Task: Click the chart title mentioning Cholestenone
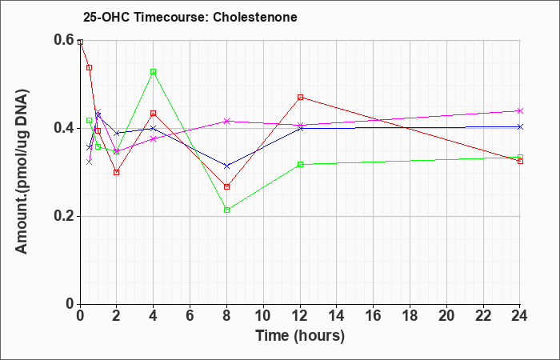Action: pos(190,17)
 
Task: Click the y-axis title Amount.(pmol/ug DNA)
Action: pos(22,172)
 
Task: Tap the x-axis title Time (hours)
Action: pos(300,336)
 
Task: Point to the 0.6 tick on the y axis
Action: pos(65,40)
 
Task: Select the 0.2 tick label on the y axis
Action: pos(65,216)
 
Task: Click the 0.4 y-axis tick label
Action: pos(65,128)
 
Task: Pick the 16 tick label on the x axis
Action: pos(374,316)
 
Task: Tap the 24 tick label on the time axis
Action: pos(520,316)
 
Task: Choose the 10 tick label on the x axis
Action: pos(263,316)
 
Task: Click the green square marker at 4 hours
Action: pos(154,72)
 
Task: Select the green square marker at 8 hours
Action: pos(226,210)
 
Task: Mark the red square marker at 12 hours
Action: pos(300,97)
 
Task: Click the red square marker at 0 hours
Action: pos(80,42)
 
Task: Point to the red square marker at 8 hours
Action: pos(226,186)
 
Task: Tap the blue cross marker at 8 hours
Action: pos(226,166)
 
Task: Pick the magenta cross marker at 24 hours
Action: pos(520,110)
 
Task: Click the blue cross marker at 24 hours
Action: pos(520,126)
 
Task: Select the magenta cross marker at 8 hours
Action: pos(226,121)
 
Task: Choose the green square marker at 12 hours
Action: pos(300,164)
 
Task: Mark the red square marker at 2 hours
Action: pos(117,173)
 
